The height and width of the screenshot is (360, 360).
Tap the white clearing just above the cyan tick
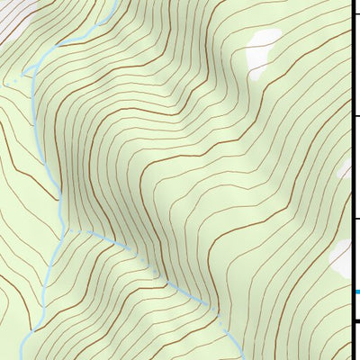[341, 256]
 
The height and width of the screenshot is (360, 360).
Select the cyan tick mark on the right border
[355, 292]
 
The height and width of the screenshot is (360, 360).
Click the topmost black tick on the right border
[355, 14]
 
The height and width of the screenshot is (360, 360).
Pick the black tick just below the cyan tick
[355, 321]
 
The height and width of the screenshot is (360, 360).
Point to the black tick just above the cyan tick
[355, 219]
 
